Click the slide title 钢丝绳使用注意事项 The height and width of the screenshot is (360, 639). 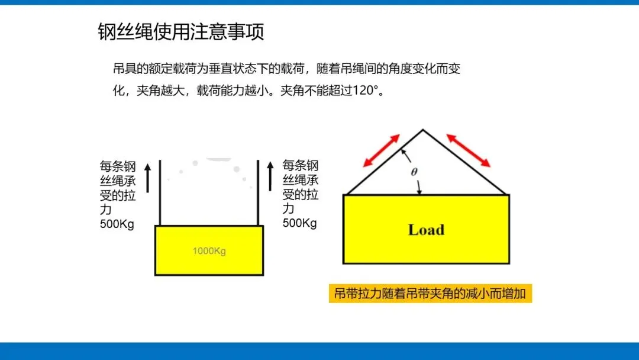click(180, 32)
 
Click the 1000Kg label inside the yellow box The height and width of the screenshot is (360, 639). click(209, 251)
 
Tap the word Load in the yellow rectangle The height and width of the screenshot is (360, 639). click(426, 230)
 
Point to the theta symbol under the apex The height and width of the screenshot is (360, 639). click(414, 172)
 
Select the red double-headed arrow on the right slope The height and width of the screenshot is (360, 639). click(468, 150)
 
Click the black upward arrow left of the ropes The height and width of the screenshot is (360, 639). click(148, 176)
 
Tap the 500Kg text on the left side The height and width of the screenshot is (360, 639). click(117, 224)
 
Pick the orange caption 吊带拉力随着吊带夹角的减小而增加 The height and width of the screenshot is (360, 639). click(430, 294)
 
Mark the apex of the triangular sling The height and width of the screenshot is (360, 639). click(422, 130)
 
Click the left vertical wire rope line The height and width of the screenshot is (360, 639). click(160, 192)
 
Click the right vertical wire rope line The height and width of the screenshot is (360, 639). click(258, 192)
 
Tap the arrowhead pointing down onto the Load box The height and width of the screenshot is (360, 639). click(419, 191)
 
